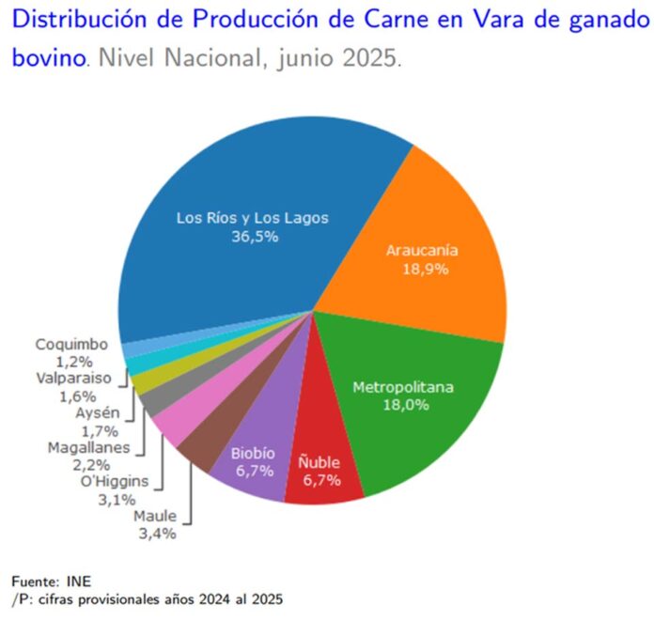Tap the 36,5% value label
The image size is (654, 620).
(x=254, y=238)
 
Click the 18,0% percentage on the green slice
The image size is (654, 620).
(x=403, y=405)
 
